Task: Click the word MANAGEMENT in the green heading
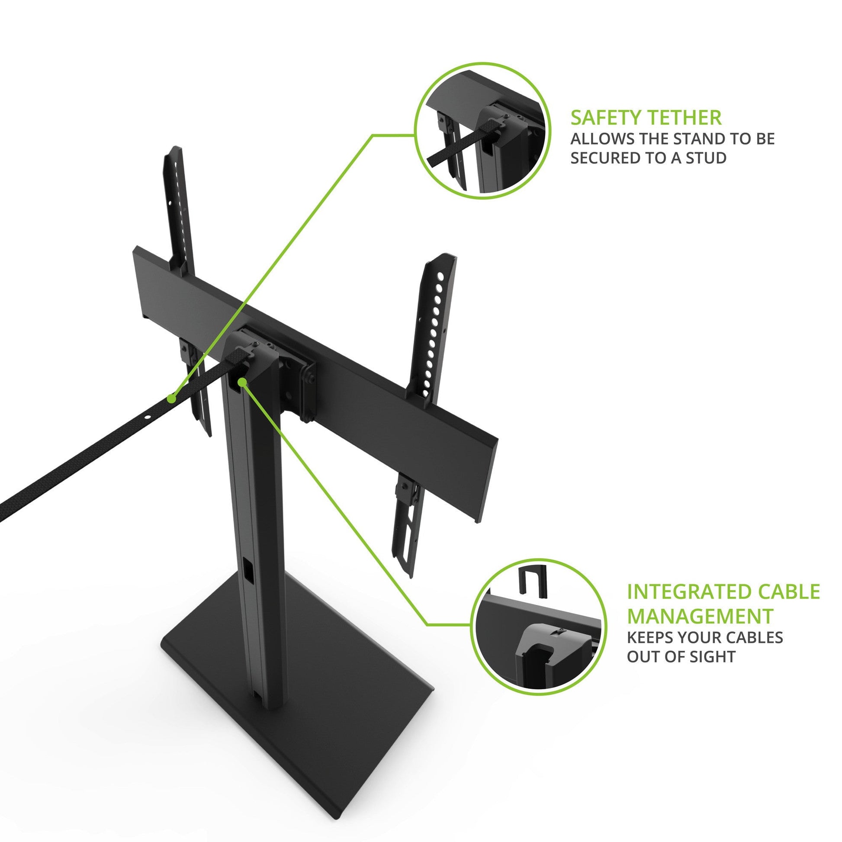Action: click(x=700, y=617)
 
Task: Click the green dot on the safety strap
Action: click(x=172, y=399)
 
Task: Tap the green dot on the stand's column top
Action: click(x=242, y=382)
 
